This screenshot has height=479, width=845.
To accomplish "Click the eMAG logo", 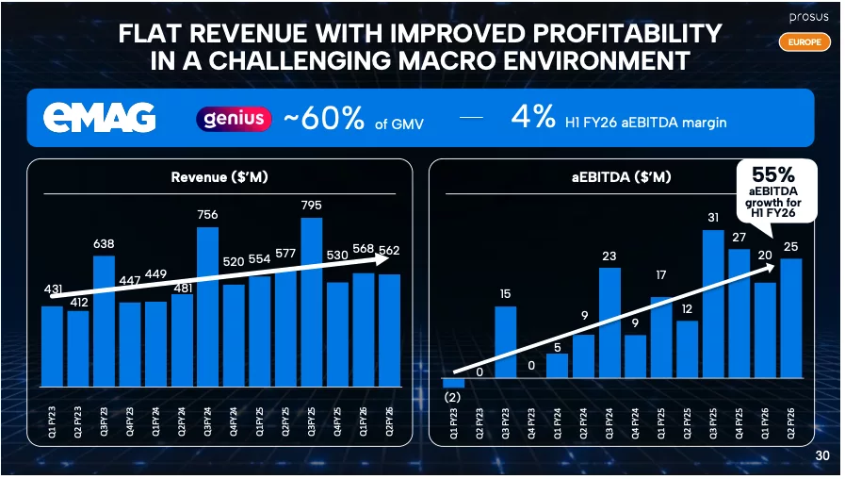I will click(x=99, y=119).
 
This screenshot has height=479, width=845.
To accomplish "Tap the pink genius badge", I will click(x=234, y=120).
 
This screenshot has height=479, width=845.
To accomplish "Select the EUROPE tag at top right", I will click(x=804, y=41).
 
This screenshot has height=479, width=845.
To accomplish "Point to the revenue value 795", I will click(x=311, y=205).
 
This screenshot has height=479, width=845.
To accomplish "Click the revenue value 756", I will click(x=207, y=214).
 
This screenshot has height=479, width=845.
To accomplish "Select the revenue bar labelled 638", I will click(x=104, y=321).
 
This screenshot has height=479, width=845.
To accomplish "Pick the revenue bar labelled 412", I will click(x=78, y=349).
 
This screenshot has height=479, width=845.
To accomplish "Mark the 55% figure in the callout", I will click(x=772, y=175).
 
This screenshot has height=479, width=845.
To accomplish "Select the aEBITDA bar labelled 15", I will click(x=506, y=341).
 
